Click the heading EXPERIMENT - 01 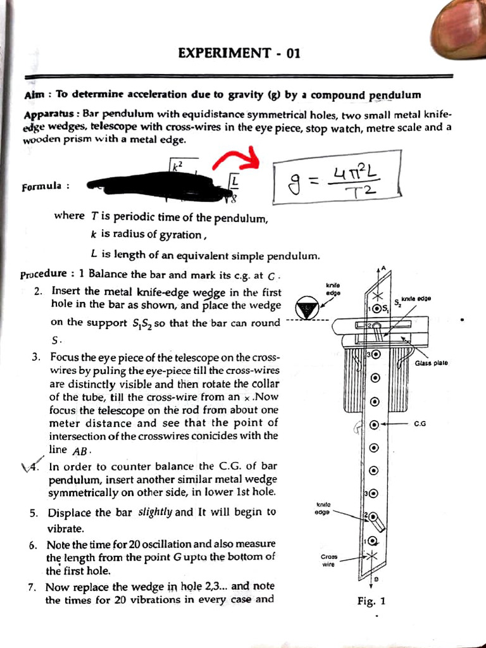(x=239, y=53)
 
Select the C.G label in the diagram (x=420, y=424)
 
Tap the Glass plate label (x=432, y=363)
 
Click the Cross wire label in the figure (x=328, y=561)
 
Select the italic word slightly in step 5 (x=156, y=512)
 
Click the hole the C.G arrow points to (x=374, y=425)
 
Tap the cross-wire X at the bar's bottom (x=372, y=556)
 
